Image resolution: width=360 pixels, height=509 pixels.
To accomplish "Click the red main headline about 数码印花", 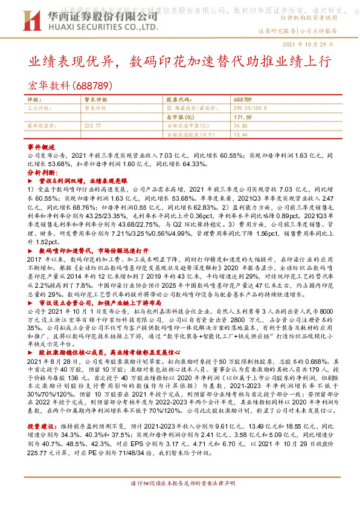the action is click(x=179, y=63).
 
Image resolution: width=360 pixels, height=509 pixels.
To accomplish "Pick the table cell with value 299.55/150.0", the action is click(x=251, y=107).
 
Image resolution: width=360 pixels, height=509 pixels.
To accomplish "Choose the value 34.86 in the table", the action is click(x=239, y=125).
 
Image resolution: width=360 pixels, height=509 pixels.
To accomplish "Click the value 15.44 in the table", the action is click(x=239, y=134).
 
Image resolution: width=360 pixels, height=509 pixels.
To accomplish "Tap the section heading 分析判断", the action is click(x=42, y=172).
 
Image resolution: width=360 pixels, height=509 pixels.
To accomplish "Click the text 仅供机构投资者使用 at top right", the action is click(x=326, y=20).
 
